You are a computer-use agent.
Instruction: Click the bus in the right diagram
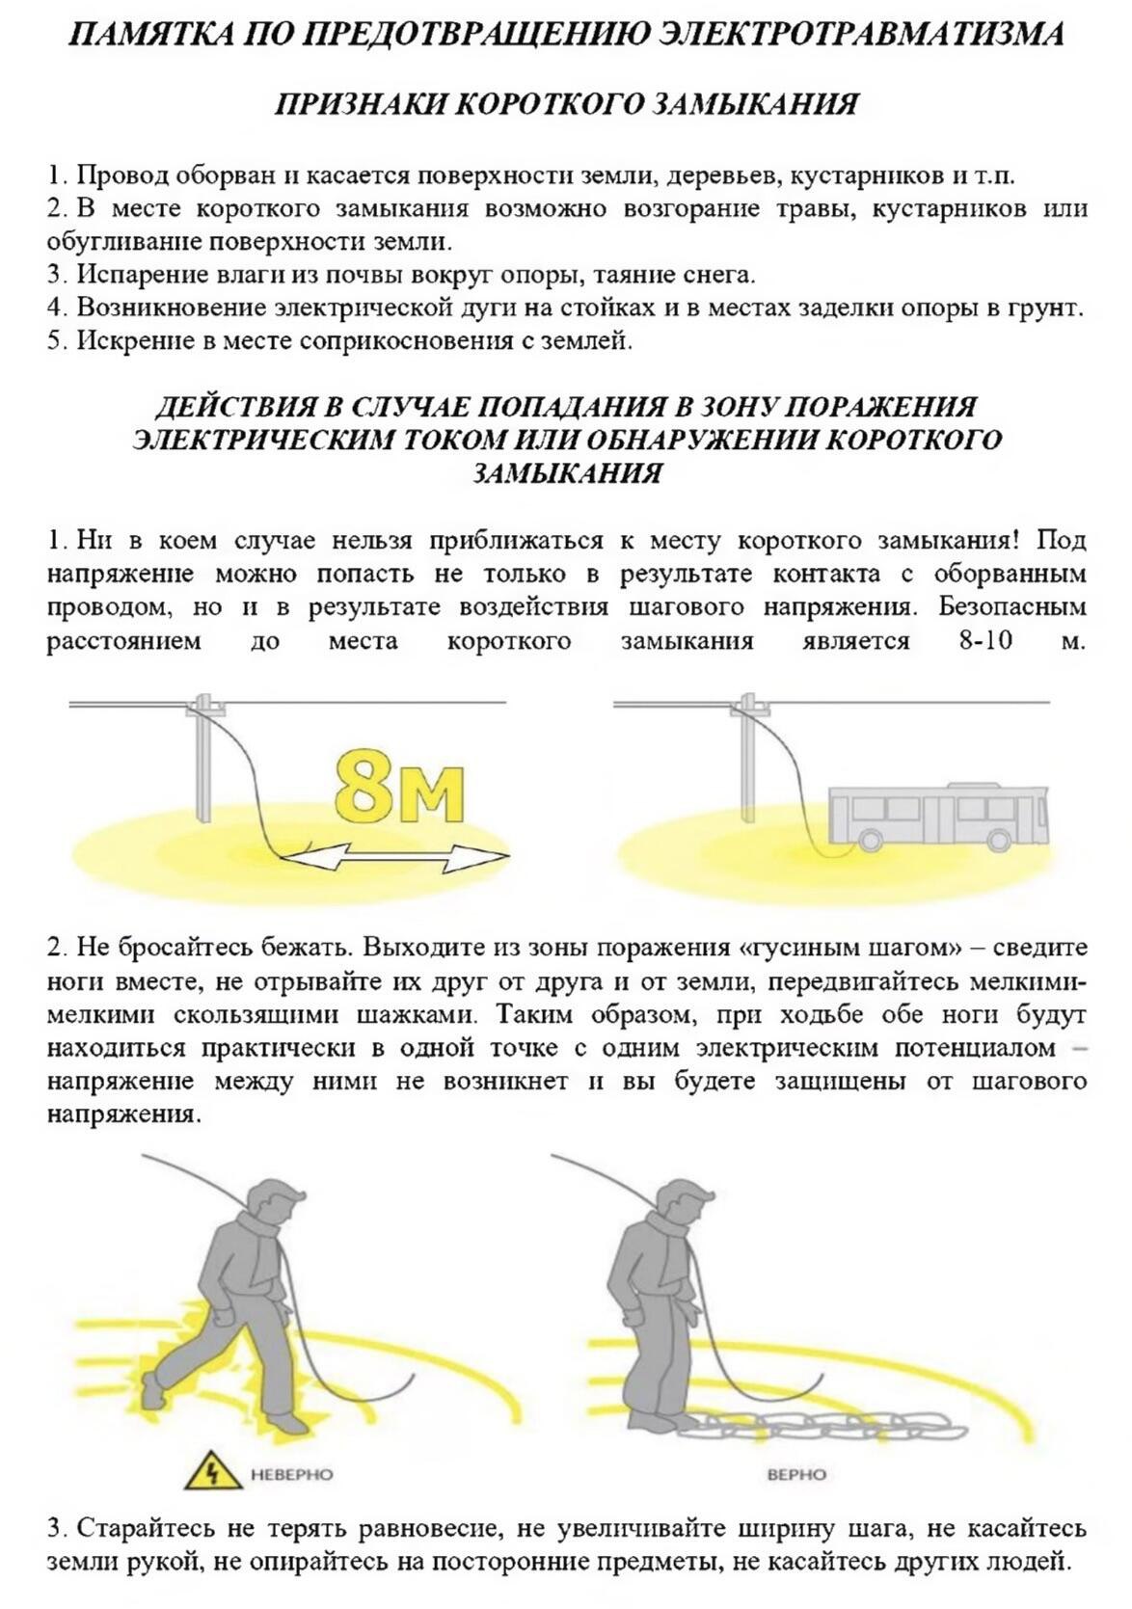pos(938,816)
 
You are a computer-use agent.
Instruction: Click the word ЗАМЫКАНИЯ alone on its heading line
pos(567,474)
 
